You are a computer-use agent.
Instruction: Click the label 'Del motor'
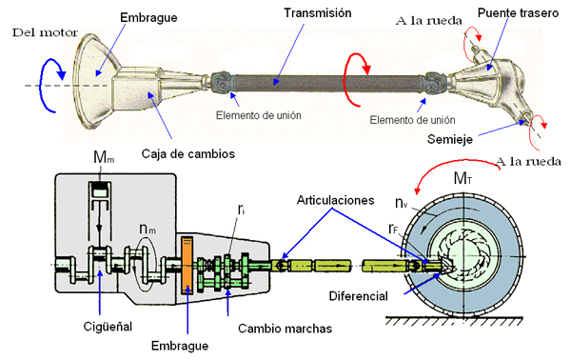pyautogui.click(x=45, y=32)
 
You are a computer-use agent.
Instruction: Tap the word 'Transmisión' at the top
pyautogui.click(x=318, y=13)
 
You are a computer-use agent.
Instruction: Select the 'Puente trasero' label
pyautogui.click(x=518, y=13)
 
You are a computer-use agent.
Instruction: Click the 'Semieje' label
pyautogui.click(x=450, y=139)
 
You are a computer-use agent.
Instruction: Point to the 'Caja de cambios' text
pyautogui.click(x=187, y=153)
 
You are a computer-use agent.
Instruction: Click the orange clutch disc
pyautogui.click(x=187, y=265)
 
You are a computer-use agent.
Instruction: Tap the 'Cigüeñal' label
pyautogui.click(x=108, y=327)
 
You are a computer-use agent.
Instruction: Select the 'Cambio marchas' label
pyautogui.click(x=285, y=329)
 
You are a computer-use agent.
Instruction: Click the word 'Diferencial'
pyautogui.click(x=359, y=296)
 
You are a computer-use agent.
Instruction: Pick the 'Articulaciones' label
pyautogui.click(x=335, y=200)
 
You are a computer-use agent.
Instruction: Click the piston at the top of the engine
pyautogui.click(x=100, y=190)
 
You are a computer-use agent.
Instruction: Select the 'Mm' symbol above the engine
pyautogui.click(x=104, y=157)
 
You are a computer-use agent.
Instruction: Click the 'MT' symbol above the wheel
pyautogui.click(x=463, y=178)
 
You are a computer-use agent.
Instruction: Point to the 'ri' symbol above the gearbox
pyautogui.click(x=241, y=210)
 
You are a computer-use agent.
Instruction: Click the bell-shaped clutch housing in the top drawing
pyautogui.click(x=93, y=81)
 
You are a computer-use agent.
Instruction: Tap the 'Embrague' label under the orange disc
pyautogui.click(x=180, y=346)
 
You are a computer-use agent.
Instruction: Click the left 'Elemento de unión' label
pyautogui.click(x=259, y=115)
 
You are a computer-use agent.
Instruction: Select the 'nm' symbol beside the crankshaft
pyautogui.click(x=148, y=229)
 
